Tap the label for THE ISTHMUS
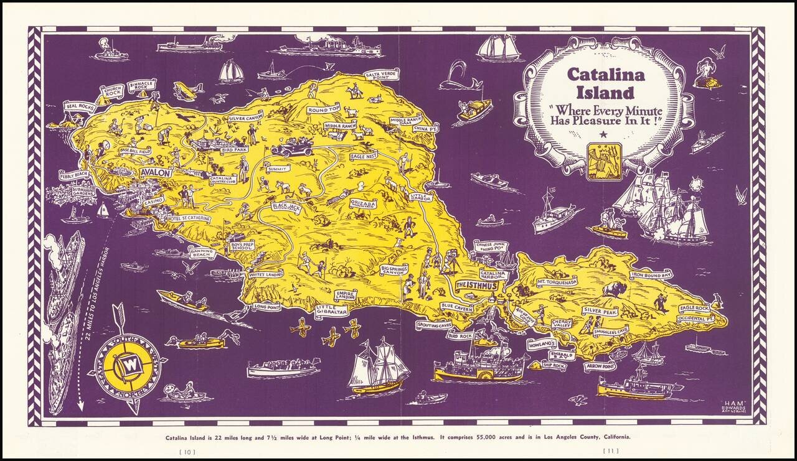pyautogui.click(x=478, y=285)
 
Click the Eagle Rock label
pyautogui.click(x=694, y=308)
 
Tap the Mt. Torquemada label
pyautogui.click(x=557, y=282)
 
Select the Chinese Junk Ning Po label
pyautogui.click(x=491, y=246)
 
